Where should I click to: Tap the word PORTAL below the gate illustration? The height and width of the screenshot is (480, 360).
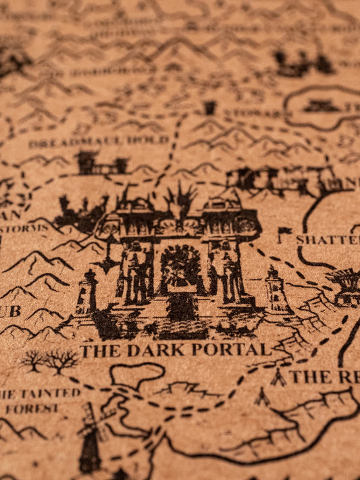[x=230, y=350]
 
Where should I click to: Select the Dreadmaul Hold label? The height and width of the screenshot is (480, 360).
[x=99, y=141]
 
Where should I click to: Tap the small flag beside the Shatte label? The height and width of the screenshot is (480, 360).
[x=283, y=234]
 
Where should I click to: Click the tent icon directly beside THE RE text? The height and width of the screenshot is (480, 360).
[x=278, y=377]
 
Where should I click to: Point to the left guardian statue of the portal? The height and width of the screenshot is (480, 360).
[x=136, y=270]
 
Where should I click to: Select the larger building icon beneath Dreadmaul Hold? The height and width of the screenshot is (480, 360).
[x=86, y=163]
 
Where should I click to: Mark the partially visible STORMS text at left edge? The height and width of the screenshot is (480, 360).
[x=23, y=228]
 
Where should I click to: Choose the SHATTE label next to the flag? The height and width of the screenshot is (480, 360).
[x=327, y=240]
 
